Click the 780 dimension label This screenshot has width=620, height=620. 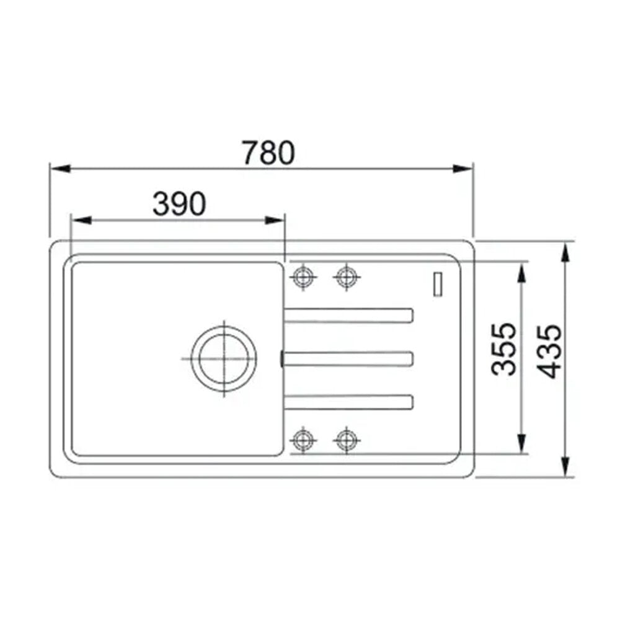click(268, 153)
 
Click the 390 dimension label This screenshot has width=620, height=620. click(179, 204)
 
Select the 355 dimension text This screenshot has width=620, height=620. click(503, 349)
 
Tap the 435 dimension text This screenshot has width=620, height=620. click(549, 352)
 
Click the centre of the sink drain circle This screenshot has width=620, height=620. click(224, 358)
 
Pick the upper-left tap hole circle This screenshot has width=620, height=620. click(303, 277)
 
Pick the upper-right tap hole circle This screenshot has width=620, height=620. click(347, 277)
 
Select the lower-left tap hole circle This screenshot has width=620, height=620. click(303, 440)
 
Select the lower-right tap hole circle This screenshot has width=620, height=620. click(347, 440)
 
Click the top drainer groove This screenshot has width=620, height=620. click(348, 316)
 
